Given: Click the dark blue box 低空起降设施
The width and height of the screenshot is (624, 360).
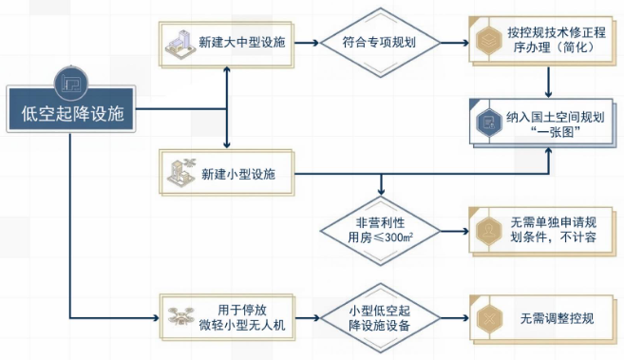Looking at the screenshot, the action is pyautogui.click(x=71, y=109).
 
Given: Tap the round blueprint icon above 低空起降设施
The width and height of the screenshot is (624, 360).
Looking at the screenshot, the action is pyautogui.click(x=71, y=84).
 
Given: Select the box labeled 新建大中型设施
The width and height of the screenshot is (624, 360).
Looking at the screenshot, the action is pyautogui.click(x=226, y=45).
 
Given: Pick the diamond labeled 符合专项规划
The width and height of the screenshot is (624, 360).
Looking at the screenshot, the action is pyautogui.click(x=381, y=43).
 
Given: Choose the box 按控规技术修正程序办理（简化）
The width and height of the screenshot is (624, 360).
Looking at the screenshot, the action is pyautogui.click(x=542, y=41).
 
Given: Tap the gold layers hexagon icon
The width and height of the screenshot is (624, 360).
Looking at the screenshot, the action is pyautogui.click(x=489, y=40).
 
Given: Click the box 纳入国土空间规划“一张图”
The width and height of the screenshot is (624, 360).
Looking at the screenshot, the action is pyautogui.click(x=542, y=123).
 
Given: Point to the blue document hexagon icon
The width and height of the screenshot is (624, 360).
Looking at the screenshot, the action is pyautogui.click(x=489, y=123).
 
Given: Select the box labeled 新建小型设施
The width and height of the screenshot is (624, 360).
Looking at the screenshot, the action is pyautogui.click(x=226, y=173).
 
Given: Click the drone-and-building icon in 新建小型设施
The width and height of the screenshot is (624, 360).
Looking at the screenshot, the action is pyautogui.click(x=181, y=172).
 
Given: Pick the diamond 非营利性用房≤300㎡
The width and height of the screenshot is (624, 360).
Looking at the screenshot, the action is pyautogui.click(x=381, y=231).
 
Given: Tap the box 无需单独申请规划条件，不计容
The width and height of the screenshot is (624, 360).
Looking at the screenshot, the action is pyautogui.click(x=542, y=232).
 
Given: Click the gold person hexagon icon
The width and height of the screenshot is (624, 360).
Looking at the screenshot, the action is pyautogui.click(x=489, y=231).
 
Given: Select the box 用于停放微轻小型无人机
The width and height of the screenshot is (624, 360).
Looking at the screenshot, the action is pyautogui.click(x=227, y=317).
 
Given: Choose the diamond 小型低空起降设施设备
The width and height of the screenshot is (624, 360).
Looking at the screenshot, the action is pyautogui.click(x=381, y=318).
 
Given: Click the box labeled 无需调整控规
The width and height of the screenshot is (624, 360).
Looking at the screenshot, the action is pyautogui.click(x=542, y=319).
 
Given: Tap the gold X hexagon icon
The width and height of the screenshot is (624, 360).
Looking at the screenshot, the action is pyautogui.click(x=489, y=318).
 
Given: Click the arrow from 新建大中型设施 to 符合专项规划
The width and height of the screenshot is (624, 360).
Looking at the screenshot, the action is pyautogui.click(x=307, y=43).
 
